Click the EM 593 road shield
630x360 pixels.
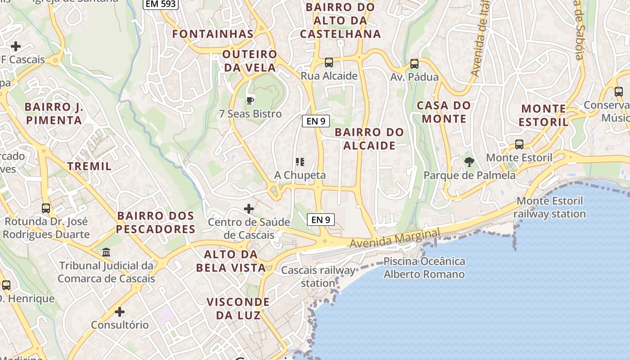click(161, 4)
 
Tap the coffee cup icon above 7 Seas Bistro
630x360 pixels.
click(250, 100)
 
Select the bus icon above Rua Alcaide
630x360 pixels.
click(329, 63)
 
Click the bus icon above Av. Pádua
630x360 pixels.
click(414, 64)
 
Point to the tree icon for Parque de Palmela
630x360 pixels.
click(469, 162)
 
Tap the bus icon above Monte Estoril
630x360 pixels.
click(519, 144)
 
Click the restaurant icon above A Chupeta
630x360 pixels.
click(300, 162)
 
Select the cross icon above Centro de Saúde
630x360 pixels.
click(249, 209)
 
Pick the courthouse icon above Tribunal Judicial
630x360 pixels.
click(106, 252)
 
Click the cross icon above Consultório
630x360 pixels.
click(120, 311)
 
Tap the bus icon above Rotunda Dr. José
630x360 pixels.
click(46, 208)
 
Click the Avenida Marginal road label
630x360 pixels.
click(395, 238)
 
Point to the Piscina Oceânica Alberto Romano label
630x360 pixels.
click(424, 268)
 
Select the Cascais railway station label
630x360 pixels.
click(318, 276)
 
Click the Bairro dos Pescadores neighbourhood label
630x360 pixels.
click(156, 222)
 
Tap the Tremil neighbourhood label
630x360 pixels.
click(89, 166)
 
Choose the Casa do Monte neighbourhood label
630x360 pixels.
click(444, 112)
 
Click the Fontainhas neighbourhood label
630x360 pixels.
click(213, 34)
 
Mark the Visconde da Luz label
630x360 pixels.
click(238, 308)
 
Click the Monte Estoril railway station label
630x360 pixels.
click(549, 207)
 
